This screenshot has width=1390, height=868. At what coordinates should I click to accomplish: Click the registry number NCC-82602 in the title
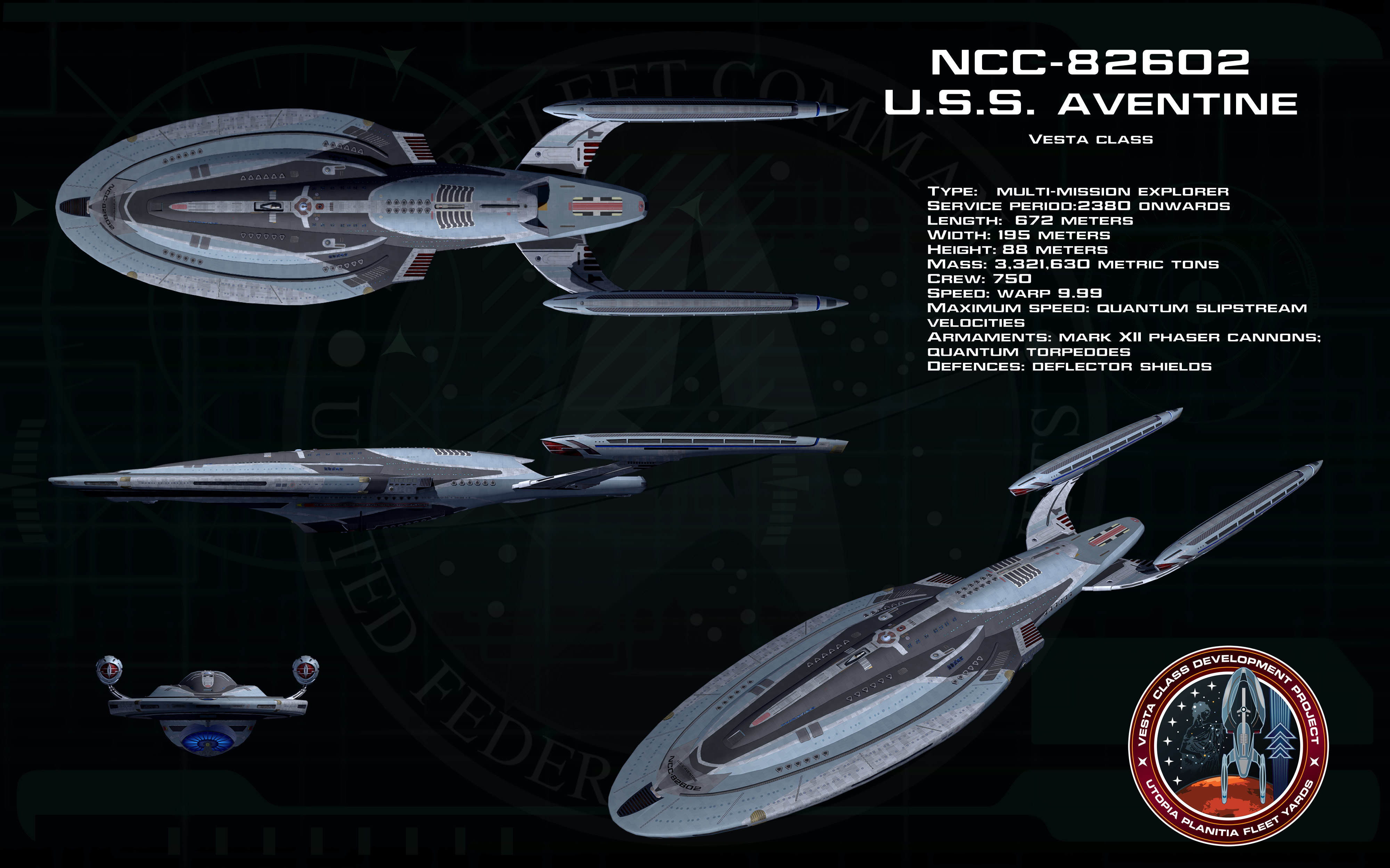click(x=1090, y=62)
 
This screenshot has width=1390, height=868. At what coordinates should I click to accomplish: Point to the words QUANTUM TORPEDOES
click(x=1029, y=352)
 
